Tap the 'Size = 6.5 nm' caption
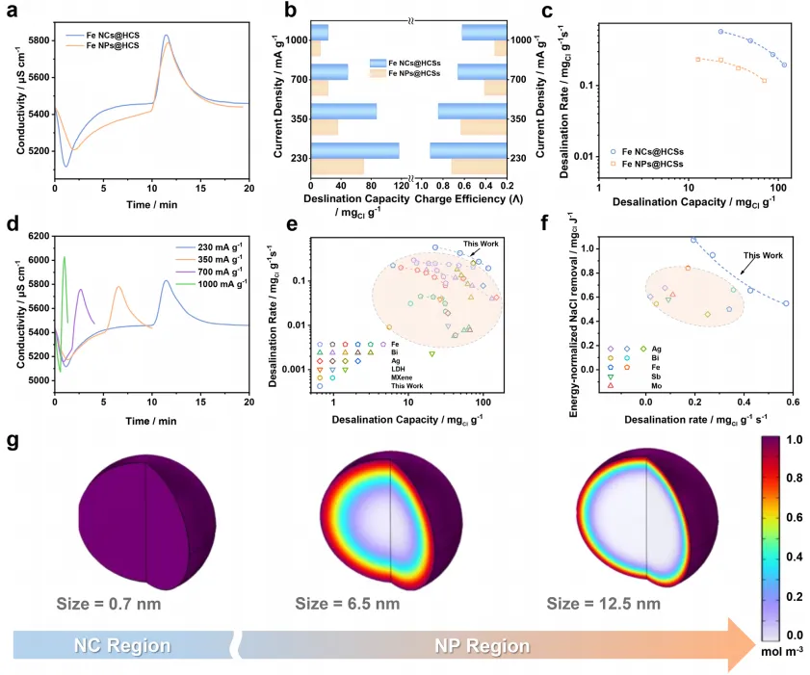click(x=354, y=604)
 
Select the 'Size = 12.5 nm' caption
click(x=604, y=604)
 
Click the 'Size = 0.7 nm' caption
click(x=103, y=604)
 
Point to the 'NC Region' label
click(x=110, y=644)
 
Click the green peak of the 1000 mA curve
click(x=65, y=257)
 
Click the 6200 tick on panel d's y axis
click(x=35, y=236)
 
